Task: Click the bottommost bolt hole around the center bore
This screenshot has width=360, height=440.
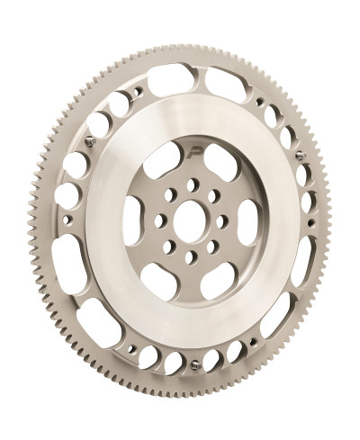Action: coord(191,258)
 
